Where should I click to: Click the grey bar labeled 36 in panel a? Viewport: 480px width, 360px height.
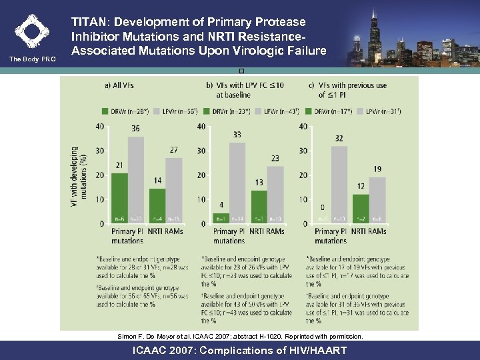pos(136,179)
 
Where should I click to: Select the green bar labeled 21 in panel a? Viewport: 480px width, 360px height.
pos(119,198)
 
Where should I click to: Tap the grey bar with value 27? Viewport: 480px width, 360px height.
pos(173,191)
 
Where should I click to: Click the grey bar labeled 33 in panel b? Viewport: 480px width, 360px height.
pos(237,183)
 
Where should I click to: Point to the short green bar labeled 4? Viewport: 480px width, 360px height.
pos(221,218)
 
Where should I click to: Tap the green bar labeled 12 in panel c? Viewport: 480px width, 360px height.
pos(360,209)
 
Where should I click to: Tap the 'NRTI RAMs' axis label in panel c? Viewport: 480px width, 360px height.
pos(368,231)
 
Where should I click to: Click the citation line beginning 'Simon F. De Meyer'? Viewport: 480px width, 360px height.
pos(240,337)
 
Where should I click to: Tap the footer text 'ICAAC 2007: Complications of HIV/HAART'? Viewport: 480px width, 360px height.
pos(240,350)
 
